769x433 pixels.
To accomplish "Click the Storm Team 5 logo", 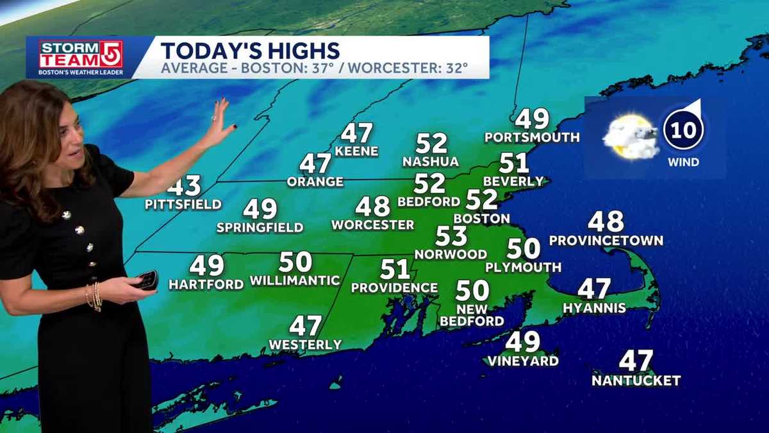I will pos(81,58).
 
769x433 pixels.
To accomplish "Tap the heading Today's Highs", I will pos(251,50).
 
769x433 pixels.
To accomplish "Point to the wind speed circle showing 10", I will pos(683,130).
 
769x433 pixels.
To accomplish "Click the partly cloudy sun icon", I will pos(630,136).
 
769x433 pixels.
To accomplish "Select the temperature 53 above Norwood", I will pos(451,236).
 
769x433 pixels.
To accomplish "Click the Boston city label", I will pos(481,218).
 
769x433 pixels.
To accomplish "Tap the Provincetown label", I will pos(606,241).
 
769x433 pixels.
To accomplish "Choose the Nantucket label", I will pos(636,380).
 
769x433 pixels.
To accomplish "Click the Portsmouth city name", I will pos(532,137).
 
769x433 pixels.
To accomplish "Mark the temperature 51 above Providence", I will pos(395,269).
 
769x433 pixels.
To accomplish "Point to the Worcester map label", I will pos(372,225).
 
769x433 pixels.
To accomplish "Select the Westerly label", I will pos(305,344).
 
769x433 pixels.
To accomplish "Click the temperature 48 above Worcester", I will pos(373,207).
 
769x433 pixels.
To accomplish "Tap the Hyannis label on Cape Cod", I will pos(594,308).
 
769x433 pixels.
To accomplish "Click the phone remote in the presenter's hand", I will pos(147,280).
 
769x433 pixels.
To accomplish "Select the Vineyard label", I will pos(523,361).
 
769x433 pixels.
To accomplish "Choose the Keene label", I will pos(356,151).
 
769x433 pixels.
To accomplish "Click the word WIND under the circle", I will pos(683,162).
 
